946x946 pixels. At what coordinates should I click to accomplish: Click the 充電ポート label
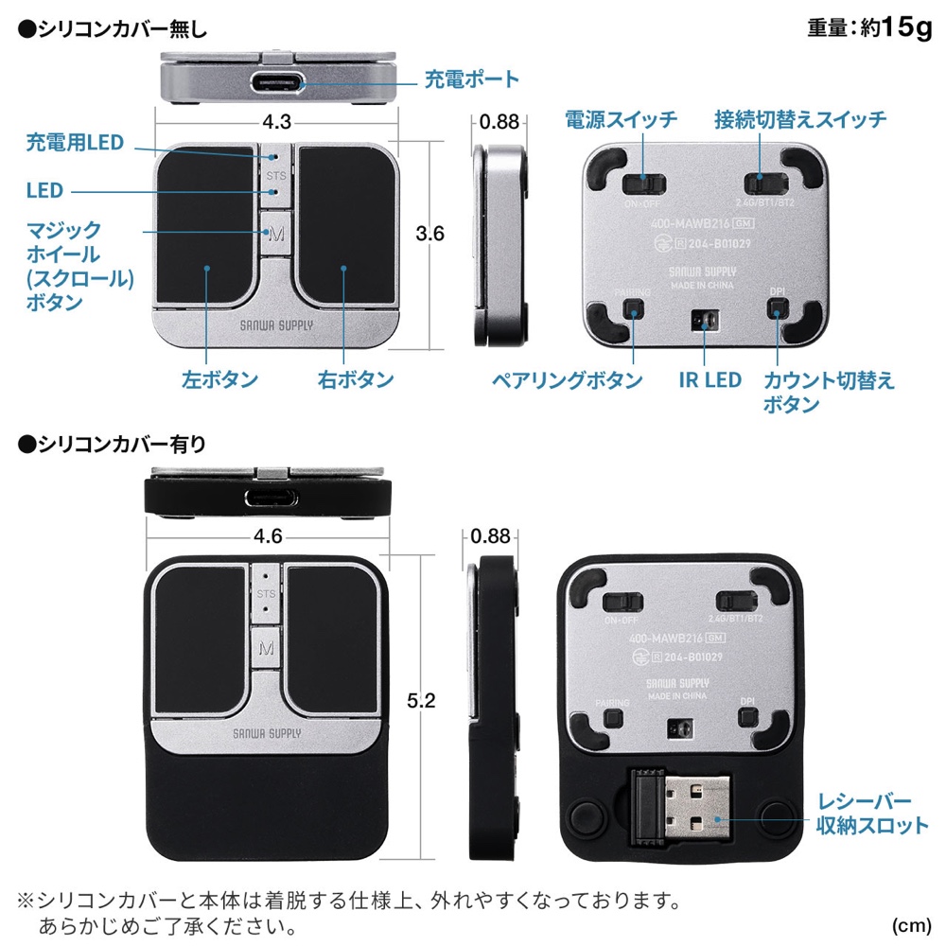point(472,79)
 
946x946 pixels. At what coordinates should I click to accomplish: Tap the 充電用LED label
point(75,143)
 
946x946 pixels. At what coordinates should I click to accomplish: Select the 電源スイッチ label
point(621,119)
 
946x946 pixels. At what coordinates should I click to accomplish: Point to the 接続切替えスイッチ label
point(800,119)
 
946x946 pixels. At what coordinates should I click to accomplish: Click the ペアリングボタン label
point(567,380)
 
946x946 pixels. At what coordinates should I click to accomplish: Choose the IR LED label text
point(710,380)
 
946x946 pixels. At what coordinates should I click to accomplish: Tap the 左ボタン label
point(219,379)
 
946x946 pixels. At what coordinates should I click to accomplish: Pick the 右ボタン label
point(356,379)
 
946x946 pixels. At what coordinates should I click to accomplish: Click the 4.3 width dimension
point(277,122)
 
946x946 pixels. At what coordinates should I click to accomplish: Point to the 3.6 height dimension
point(429,233)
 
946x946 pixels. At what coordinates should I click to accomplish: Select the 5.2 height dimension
point(421,700)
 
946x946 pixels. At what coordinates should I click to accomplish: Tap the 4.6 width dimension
point(268,535)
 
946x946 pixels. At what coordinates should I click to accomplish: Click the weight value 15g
point(906,27)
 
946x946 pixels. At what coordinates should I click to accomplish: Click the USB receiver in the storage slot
point(680,807)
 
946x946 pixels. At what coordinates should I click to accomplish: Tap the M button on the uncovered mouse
point(276,233)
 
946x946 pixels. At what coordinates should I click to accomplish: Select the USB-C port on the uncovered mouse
point(277,83)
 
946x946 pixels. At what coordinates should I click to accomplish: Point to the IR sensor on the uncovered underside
point(705,321)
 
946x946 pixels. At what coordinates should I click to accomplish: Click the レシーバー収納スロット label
point(872,814)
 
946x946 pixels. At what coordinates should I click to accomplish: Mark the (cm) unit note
point(912,925)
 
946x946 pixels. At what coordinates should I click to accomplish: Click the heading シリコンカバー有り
point(113,445)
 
